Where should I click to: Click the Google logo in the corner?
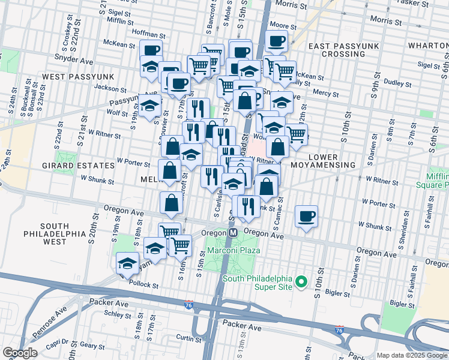tap(20, 353)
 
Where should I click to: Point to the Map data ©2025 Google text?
tap(412, 355)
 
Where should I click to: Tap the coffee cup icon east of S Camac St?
tap(306, 217)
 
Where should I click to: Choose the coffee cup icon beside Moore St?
tap(276, 41)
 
